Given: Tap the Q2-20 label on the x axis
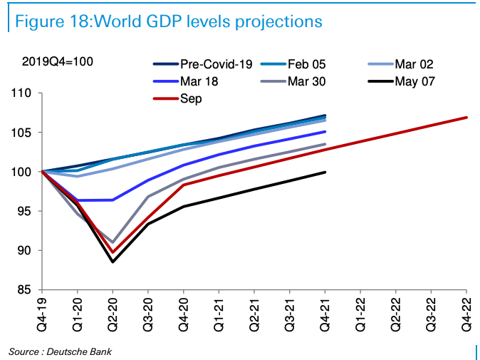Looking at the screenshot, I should pyautogui.click(x=113, y=312).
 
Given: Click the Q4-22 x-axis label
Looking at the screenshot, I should pyautogui.click(x=467, y=312).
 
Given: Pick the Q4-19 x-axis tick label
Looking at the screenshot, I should pyautogui.click(x=42, y=312).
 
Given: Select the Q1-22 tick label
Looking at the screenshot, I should pyautogui.click(x=360, y=312).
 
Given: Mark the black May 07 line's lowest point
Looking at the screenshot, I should pyautogui.click(x=113, y=262).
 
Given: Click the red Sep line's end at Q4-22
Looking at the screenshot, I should pyautogui.click(x=467, y=118).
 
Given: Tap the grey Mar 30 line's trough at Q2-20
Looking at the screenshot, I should pyautogui.click(x=113, y=242).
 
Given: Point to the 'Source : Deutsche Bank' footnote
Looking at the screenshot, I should pyautogui.click(x=60, y=351).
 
